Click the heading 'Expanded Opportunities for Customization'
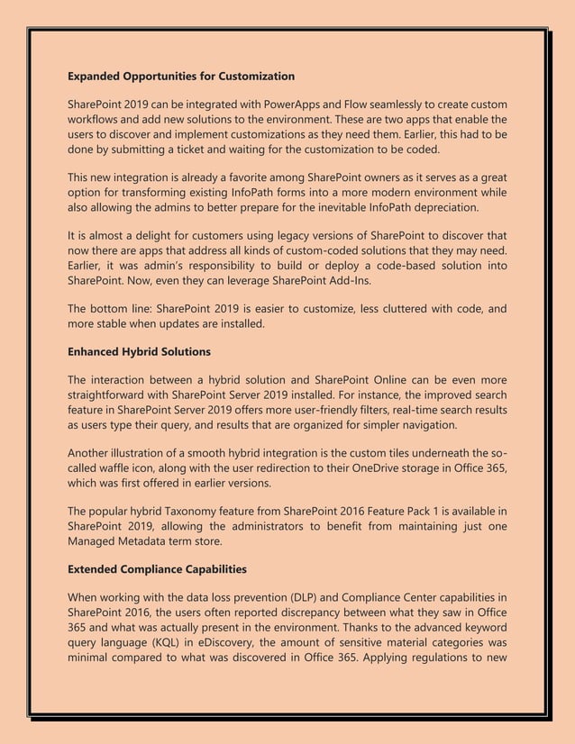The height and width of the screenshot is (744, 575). coord(181,75)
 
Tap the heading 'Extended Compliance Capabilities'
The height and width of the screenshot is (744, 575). coord(158,569)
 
